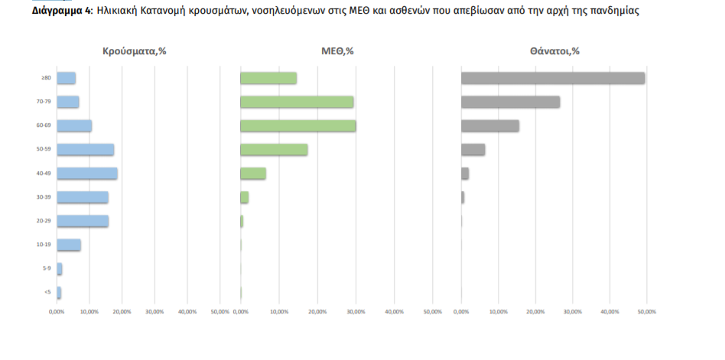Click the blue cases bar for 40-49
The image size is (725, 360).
click(x=86, y=174)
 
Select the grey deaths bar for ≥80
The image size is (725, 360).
click(x=552, y=78)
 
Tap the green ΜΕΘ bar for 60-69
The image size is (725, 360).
click(x=297, y=126)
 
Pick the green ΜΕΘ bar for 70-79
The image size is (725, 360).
click(x=297, y=102)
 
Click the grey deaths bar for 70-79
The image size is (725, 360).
click(x=510, y=102)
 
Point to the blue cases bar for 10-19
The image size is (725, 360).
click(x=68, y=245)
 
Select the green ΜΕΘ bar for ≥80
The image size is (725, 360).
click(x=268, y=78)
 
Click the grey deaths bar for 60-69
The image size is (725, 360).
click(x=489, y=126)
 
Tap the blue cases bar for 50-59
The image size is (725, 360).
click(x=85, y=150)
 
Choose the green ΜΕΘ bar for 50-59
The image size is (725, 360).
click(x=274, y=150)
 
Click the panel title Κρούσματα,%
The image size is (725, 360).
click(x=135, y=51)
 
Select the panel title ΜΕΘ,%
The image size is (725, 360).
click(x=337, y=51)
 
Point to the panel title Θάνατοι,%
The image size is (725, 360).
click(x=554, y=51)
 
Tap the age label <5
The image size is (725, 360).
click(x=47, y=293)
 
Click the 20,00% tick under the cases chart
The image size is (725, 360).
click(x=122, y=311)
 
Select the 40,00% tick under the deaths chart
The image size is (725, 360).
click(x=610, y=311)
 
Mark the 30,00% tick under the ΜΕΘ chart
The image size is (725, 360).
click(x=356, y=311)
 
